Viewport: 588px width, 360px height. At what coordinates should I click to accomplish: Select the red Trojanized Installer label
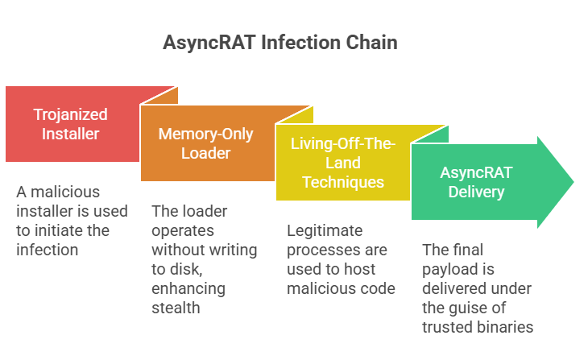(71, 124)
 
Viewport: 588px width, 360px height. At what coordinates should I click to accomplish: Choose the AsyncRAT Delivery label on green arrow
(476, 181)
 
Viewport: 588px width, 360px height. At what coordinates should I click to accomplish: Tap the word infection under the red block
(48, 250)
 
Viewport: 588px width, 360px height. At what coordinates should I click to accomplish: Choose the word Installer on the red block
(71, 134)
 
